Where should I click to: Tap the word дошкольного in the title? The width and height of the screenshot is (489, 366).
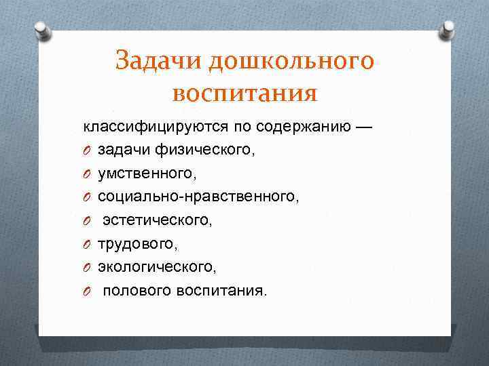coord(291,61)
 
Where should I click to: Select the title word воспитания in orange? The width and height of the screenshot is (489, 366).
coord(244,92)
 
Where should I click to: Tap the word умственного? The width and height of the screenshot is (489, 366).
coord(147,174)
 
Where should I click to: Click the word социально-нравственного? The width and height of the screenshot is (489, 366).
coord(197,197)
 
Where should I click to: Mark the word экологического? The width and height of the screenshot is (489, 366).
coord(157,267)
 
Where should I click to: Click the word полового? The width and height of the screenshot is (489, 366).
coord(138,291)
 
